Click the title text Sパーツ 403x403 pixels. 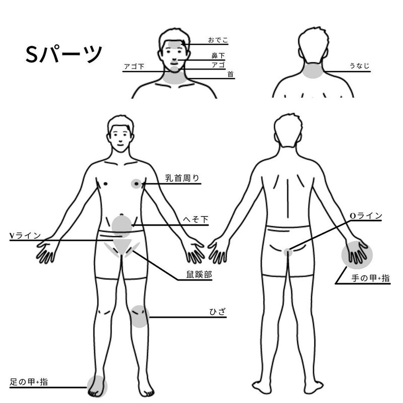64,54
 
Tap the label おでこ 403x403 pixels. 218,40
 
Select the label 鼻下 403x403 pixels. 218,55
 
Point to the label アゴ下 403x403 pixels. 134,67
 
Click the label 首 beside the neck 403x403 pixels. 230,74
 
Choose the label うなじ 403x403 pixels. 359,66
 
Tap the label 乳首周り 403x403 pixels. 182,178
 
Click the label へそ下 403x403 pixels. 195,220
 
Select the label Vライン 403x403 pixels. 25,236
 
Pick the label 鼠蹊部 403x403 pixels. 199,275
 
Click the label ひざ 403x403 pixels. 218,312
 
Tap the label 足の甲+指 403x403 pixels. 29,382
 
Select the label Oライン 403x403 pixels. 366,216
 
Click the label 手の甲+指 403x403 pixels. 370,279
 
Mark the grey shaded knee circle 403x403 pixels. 139,316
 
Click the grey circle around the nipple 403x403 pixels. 136,184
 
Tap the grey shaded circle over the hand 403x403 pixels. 357,255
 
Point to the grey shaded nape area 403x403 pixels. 312,71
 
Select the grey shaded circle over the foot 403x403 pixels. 97,386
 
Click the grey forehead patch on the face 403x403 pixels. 175,44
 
